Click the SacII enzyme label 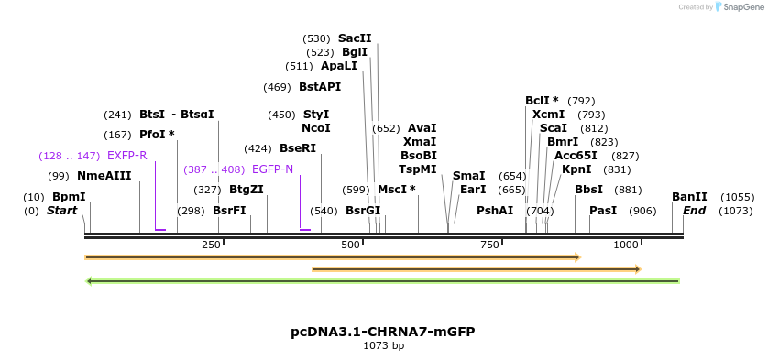point(355,38)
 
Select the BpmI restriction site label point(69,197)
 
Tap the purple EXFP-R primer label point(126,156)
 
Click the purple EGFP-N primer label point(272,169)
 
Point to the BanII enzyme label point(689,197)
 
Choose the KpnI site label point(576,169)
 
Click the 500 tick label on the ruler point(351,245)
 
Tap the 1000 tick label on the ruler point(626,245)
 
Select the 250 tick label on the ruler point(211,245)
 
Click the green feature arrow point(382,281)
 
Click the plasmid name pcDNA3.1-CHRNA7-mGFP point(383,331)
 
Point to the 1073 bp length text point(383,345)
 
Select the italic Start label point(61,211)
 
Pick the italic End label point(695,211)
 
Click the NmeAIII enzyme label point(104,176)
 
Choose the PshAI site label point(495,211)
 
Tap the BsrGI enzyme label point(363,211)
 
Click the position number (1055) point(737,197)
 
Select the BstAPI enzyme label point(320,87)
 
